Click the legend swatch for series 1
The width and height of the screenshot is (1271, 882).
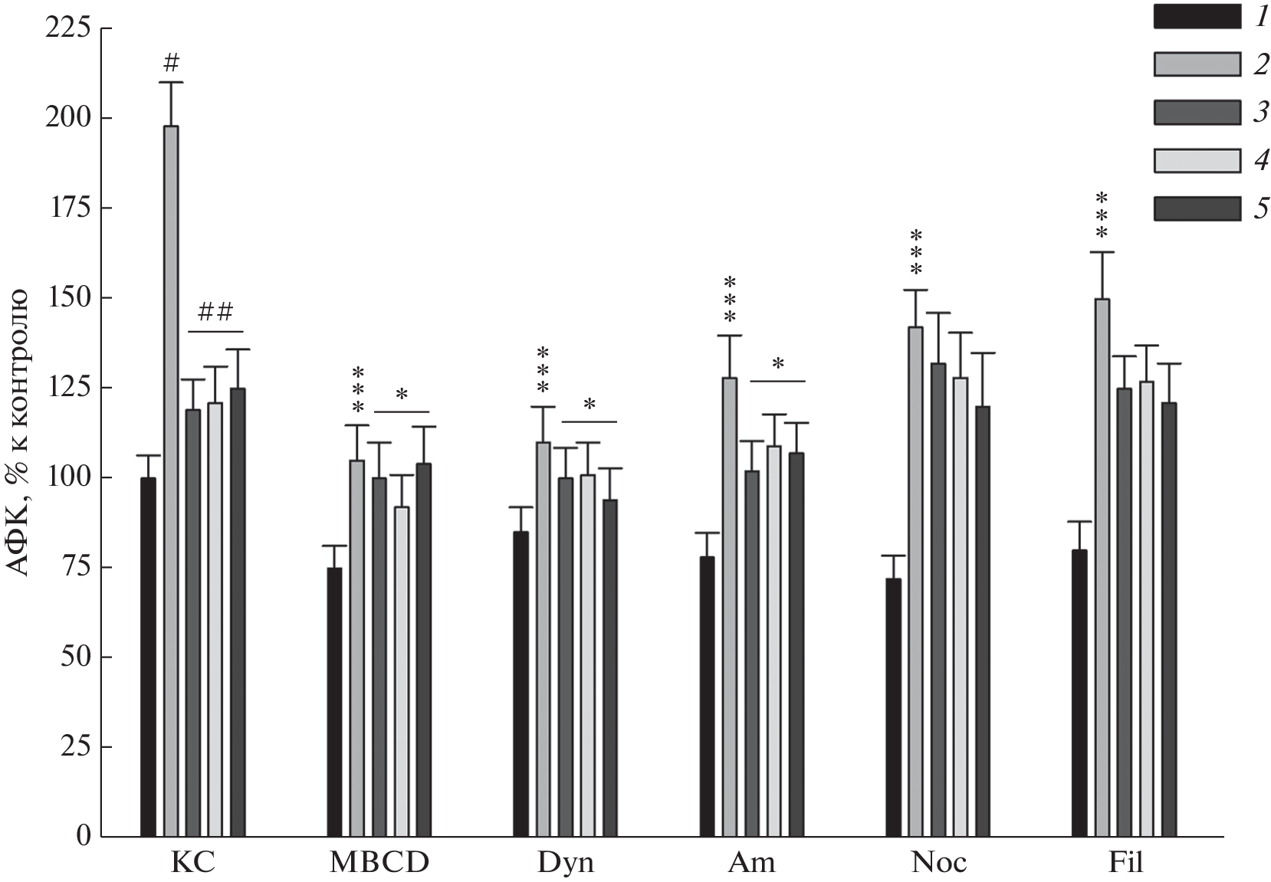point(1197,17)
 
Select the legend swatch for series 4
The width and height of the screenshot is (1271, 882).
point(1197,160)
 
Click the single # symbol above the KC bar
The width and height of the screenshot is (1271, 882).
point(171,63)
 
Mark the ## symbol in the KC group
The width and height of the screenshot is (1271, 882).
point(215,312)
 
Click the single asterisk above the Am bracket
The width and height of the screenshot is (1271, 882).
point(778,365)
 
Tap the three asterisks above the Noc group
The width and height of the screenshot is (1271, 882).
point(915,251)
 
